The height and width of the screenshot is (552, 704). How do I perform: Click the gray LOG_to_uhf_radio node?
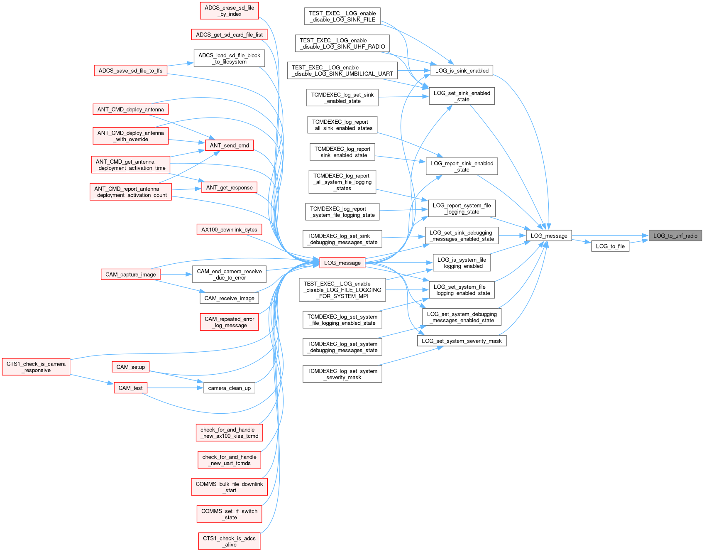point(675,236)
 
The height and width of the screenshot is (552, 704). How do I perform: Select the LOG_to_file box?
point(610,246)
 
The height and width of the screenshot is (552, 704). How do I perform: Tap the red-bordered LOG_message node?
point(342,263)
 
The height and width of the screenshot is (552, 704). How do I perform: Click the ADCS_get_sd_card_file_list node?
point(229,34)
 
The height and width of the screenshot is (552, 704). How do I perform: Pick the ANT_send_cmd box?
point(230,145)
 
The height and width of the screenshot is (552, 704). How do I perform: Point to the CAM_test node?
point(130,388)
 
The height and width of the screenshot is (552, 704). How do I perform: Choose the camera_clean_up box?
point(230,388)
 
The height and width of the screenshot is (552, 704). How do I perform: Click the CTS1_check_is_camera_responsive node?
point(36,367)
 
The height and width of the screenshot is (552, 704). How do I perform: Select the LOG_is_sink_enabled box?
point(462,71)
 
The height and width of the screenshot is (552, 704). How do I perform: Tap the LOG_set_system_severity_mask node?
point(462,341)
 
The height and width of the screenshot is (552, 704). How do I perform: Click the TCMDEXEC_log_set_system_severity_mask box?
point(342,374)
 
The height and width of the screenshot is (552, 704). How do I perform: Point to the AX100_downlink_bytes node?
point(229,230)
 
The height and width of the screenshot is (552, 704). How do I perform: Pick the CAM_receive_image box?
point(230,298)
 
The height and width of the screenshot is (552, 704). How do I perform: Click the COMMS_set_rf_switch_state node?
point(230,514)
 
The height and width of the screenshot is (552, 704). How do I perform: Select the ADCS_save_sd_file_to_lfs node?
point(130,71)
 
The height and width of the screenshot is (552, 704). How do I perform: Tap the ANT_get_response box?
point(230,187)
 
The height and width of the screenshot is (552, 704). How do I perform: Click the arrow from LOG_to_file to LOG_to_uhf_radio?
point(639,242)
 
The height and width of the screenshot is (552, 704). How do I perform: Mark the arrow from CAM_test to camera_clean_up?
point(175,388)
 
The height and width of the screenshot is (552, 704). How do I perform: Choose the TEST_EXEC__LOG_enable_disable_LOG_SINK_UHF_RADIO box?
point(342,43)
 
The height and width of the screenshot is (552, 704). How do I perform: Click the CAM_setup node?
point(130,367)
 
